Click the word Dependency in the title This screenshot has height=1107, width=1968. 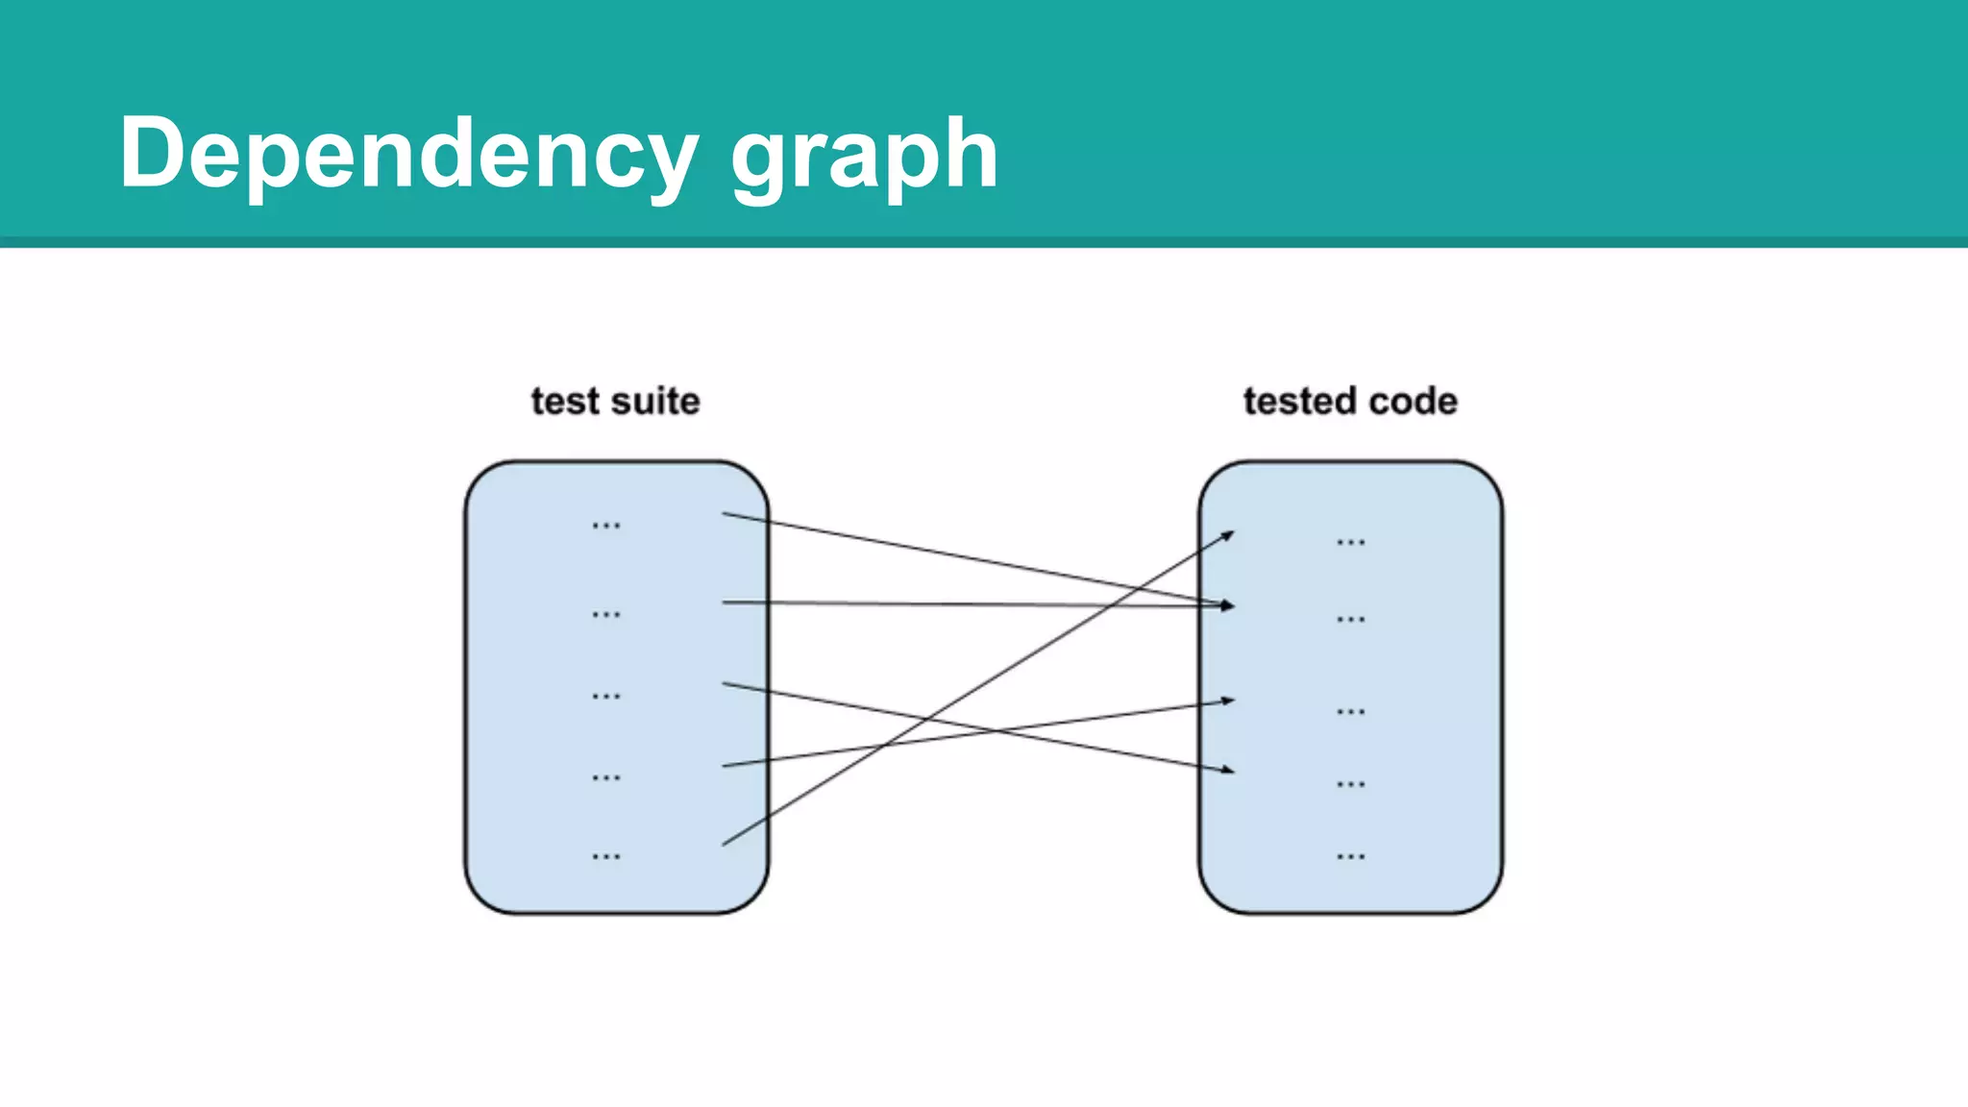coord(408,154)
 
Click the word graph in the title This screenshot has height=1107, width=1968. coord(864,154)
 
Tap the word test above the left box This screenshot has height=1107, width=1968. coord(564,402)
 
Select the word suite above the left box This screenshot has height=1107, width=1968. coord(655,402)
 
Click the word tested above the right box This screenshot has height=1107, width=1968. coord(1300,402)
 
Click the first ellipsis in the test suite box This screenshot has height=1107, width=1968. coord(606,526)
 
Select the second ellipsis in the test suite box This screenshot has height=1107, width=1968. coord(606,614)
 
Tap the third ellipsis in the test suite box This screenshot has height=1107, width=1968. coord(606,696)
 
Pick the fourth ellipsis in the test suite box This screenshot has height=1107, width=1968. coord(606,777)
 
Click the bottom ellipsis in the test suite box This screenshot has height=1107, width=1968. coord(606,856)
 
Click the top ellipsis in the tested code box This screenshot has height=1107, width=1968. coord(1350,543)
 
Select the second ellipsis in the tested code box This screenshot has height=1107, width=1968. coord(1350,620)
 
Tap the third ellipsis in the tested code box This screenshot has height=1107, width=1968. coord(1350,712)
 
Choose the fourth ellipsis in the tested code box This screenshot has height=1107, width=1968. coord(1350,785)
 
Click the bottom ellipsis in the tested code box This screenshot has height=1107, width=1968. coord(1350,856)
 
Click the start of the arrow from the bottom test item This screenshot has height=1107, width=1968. coord(725,844)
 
